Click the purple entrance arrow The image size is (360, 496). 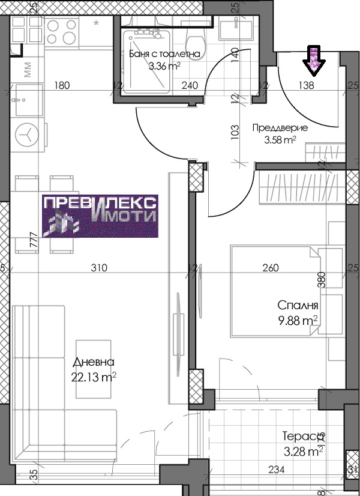pyautogui.click(x=314, y=61)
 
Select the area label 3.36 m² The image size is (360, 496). pyautogui.click(x=164, y=66)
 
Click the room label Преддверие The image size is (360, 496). pyautogui.click(x=280, y=128)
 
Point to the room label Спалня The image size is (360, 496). pyautogui.click(x=298, y=306)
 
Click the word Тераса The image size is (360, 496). pyautogui.click(x=304, y=436)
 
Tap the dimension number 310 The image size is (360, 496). pyautogui.click(x=99, y=268)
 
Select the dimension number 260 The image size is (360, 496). pyautogui.click(x=271, y=268)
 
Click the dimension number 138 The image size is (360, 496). pyautogui.click(x=306, y=85)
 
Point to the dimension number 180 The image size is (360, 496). pyautogui.click(x=62, y=85)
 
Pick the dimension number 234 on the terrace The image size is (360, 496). pyautogui.click(x=276, y=470)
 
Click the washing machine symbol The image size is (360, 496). pyautogui.click(x=27, y=135)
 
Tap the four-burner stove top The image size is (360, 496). pyautogui.click(x=61, y=32)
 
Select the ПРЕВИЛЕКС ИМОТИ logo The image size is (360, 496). pyautogui.click(x=100, y=216)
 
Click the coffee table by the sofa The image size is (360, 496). pyautogui.click(x=93, y=369)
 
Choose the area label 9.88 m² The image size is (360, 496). pyautogui.click(x=298, y=321)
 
